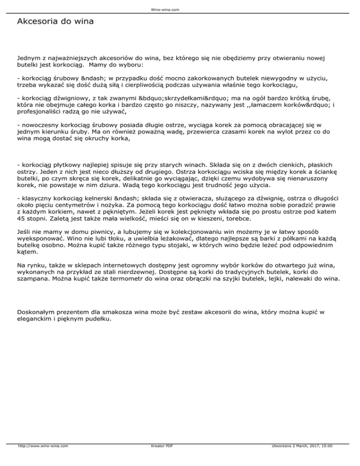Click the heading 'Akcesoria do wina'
pos(55,22)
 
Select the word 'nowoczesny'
pos(39,125)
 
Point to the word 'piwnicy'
pos(98,232)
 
